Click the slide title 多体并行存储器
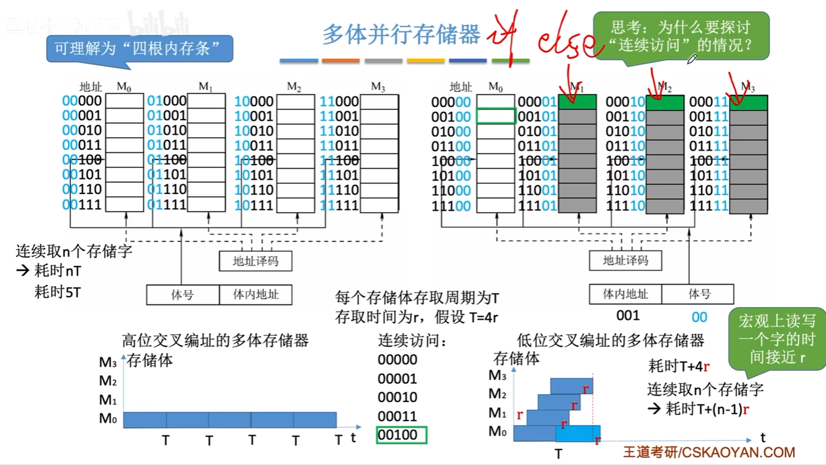pyautogui.click(x=401, y=34)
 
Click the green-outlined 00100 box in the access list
pyautogui.click(x=401, y=435)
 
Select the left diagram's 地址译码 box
pyautogui.click(x=255, y=261)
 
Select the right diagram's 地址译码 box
pyautogui.click(x=625, y=260)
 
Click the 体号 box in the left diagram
pyautogui.click(x=182, y=295)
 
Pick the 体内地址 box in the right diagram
pyautogui.click(x=625, y=294)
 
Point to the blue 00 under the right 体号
pyautogui.click(x=699, y=317)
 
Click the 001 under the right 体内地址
pyautogui.click(x=628, y=315)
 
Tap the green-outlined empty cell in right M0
pyautogui.click(x=495, y=116)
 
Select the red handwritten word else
pyautogui.click(x=565, y=41)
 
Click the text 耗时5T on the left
pyautogui.click(x=58, y=292)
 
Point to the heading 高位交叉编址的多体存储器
pyautogui.click(x=215, y=340)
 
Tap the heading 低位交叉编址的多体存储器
pyautogui.click(x=610, y=340)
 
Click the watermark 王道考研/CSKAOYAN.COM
pyautogui.click(x=709, y=452)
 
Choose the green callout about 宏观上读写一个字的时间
pyautogui.click(x=777, y=339)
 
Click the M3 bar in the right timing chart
pyautogui.click(x=571, y=385)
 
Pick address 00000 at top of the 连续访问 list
pyautogui.click(x=397, y=359)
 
